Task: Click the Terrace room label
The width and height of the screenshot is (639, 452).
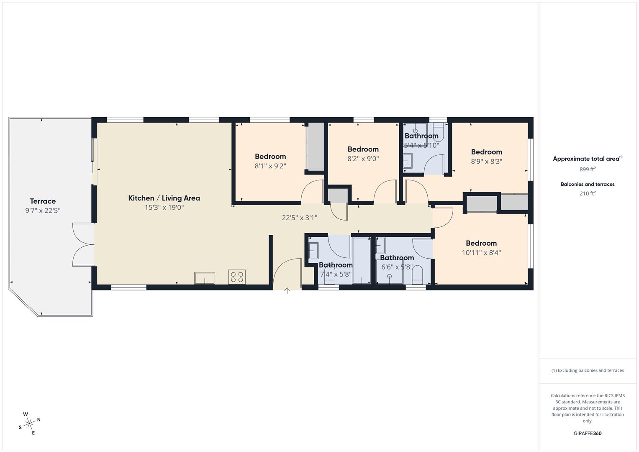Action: pyautogui.click(x=43, y=201)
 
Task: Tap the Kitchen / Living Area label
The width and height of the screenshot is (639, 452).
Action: pyautogui.click(x=164, y=198)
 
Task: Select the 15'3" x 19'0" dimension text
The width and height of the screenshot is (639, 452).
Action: pyautogui.click(x=164, y=208)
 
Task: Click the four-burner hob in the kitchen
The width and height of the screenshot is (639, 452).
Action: pyautogui.click(x=237, y=277)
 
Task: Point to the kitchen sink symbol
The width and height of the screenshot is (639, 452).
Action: pyautogui.click(x=205, y=278)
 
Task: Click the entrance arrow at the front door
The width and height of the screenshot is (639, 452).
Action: pyautogui.click(x=287, y=290)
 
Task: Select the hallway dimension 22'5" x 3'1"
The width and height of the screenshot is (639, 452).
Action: pyautogui.click(x=300, y=218)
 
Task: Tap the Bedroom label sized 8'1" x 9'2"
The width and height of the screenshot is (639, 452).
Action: pyautogui.click(x=270, y=157)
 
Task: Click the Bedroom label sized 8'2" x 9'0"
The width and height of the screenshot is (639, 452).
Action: pyautogui.click(x=363, y=149)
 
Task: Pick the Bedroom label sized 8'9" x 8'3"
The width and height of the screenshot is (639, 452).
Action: pyautogui.click(x=486, y=152)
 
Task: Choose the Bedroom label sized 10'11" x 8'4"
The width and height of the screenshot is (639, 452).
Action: pyautogui.click(x=481, y=243)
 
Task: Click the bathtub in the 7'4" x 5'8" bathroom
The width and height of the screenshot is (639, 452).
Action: pyautogui.click(x=361, y=260)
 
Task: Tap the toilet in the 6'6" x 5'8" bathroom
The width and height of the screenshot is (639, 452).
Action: pyautogui.click(x=418, y=276)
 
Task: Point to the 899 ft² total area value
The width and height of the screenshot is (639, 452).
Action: pyautogui.click(x=587, y=169)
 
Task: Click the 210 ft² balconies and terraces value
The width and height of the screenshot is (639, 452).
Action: pyautogui.click(x=587, y=193)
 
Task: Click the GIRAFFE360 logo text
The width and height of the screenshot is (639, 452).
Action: pyautogui.click(x=587, y=434)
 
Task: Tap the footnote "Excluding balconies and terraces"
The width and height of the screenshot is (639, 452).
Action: pyautogui.click(x=587, y=370)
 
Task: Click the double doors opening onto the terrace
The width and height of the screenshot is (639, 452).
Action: pyautogui.click(x=84, y=245)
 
